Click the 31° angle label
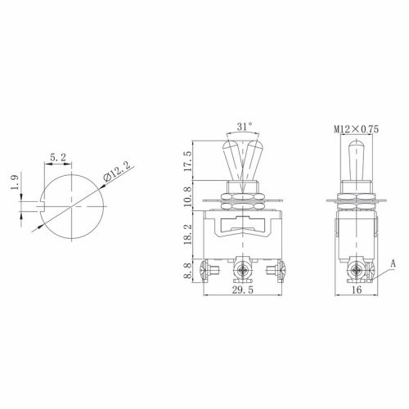pyautogui.click(x=244, y=126)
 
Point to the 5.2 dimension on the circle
pyautogui.click(x=58, y=157)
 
